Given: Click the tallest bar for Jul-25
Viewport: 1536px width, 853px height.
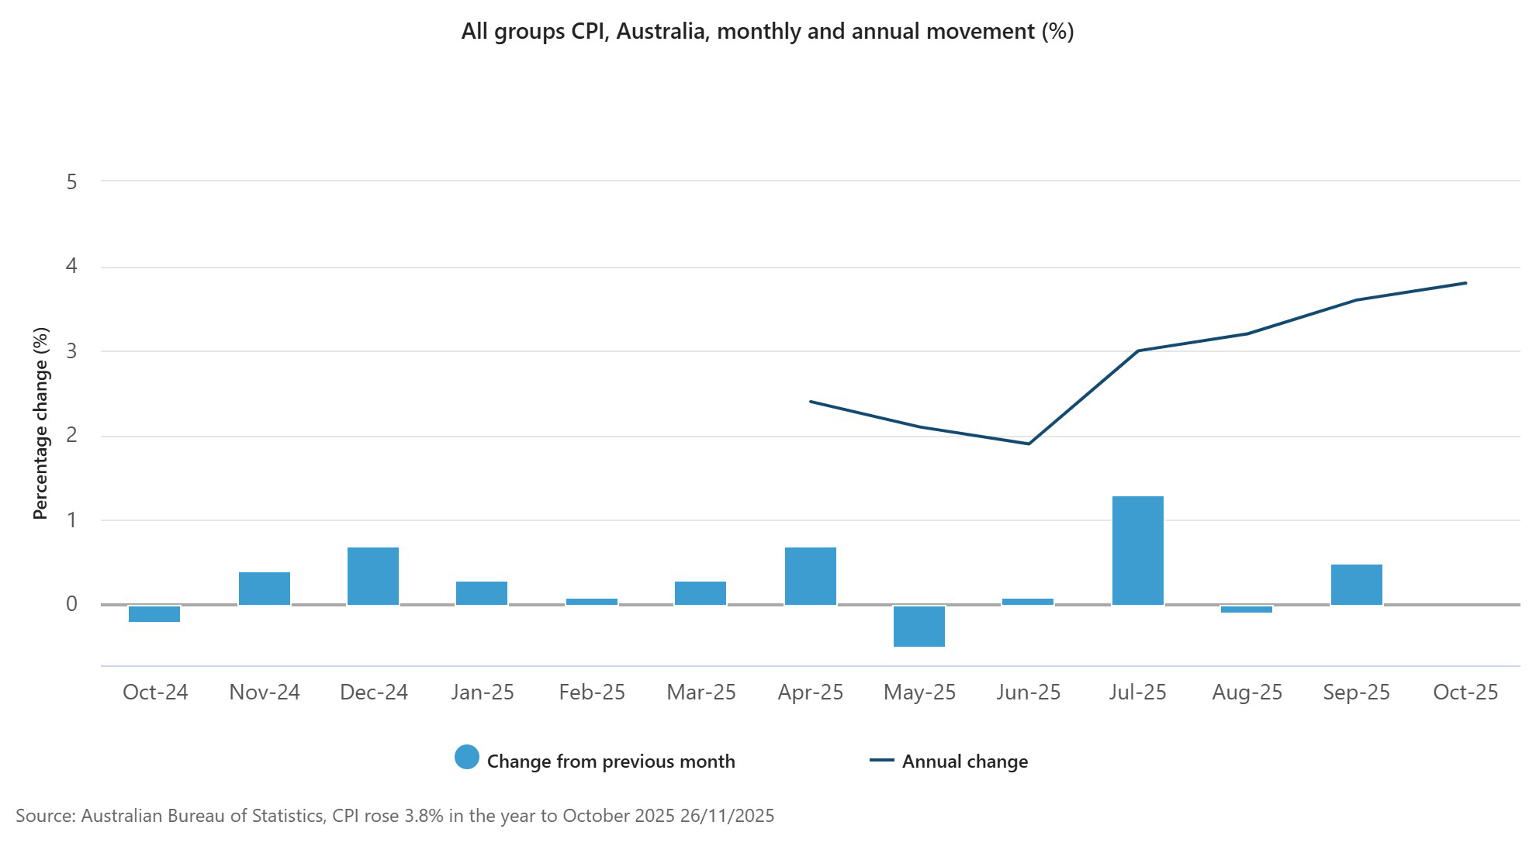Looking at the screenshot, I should pyautogui.click(x=1137, y=550).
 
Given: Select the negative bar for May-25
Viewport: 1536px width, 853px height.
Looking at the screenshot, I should pyautogui.click(x=919, y=626).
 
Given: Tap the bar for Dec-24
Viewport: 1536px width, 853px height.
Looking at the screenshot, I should pyautogui.click(x=373, y=575).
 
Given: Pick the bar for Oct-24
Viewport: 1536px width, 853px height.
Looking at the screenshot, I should pyautogui.click(x=154, y=613).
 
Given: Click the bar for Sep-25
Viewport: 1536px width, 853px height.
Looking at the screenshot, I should pyautogui.click(x=1356, y=584).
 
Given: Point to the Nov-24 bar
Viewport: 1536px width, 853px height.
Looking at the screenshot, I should pyautogui.click(x=264, y=588).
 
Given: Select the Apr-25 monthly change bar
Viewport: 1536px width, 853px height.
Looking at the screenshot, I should pyautogui.click(x=810, y=575).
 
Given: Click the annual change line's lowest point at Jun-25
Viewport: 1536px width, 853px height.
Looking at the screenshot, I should pyautogui.click(x=1029, y=444).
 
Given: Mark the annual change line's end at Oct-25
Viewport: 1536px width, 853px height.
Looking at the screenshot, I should pyautogui.click(x=1465, y=283).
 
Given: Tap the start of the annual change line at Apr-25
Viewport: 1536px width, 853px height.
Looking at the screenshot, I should pyautogui.click(x=810, y=402).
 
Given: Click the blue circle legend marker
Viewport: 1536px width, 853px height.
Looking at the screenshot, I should pyautogui.click(x=467, y=757).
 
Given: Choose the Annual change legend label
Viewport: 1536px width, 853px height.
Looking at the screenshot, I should pyautogui.click(x=964, y=761).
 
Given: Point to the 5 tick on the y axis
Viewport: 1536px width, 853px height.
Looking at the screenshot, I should pyautogui.click(x=72, y=182).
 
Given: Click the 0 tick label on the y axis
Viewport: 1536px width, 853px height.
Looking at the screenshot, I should pyautogui.click(x=72, y=604).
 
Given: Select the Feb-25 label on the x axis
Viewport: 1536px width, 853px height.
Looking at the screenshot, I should pyautogui.click(x=592, y=692).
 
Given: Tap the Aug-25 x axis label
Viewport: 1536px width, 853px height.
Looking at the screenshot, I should pyautogui.click(x=1247, y=692).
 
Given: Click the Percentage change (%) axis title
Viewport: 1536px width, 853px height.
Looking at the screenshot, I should pyautogui.click(x=41, y=423).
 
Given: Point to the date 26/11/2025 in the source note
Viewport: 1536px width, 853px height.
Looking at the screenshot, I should pyautogui.click(x=727, y=816).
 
